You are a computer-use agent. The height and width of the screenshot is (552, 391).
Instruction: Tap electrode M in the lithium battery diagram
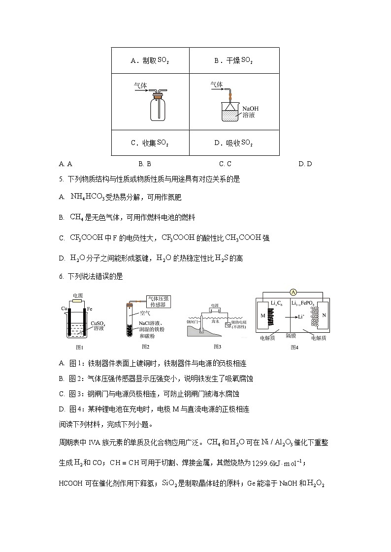[262, 315]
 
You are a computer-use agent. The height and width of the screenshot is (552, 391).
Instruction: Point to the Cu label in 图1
[64, 308]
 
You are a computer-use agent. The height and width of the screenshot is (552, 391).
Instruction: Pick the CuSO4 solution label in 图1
[97, 325]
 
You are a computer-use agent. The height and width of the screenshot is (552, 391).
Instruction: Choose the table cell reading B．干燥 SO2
[234, 60]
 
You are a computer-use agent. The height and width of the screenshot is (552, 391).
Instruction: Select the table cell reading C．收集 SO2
[150, 143]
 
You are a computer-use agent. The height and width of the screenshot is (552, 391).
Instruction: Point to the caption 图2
[145, 347]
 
